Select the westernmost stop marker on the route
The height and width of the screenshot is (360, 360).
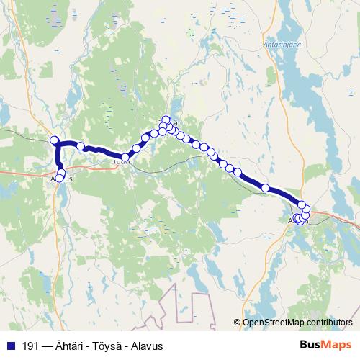pyautogui.click(x=53, y=139)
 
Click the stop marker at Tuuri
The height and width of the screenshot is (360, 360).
pyautogui.click(x=125, y=157)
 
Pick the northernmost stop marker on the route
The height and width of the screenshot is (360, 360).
pyautogui.click(x=166, y=120)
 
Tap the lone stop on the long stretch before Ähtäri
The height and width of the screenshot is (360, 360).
pyautogui.click(x=266, y=188)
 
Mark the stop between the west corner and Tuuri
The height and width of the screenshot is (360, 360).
pyautogui.click(x=81, y=146)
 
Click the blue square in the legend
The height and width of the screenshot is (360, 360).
pyautogui.click(x=8, y=345)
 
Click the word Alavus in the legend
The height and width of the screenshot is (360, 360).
pyautogui.click(x=145, y=345)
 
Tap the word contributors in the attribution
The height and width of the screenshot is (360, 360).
pyautogui.click(x=330, y=323)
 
